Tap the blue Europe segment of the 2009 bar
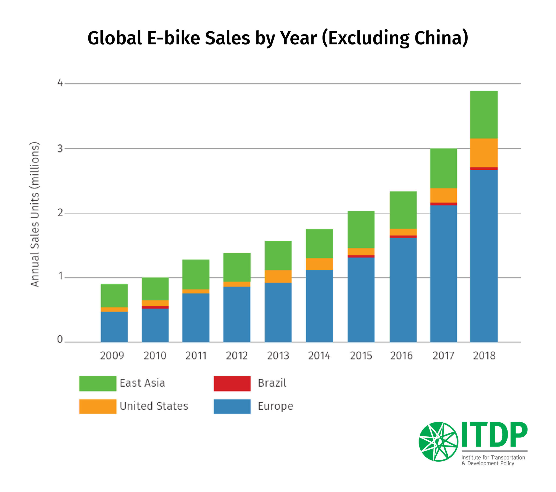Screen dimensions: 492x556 point(114,326)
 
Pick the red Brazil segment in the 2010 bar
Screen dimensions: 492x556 point(155,307)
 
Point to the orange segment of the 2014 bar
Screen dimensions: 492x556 point(319,264)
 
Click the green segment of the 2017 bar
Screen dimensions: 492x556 point(443,168)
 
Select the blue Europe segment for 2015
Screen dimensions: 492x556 point(361,299)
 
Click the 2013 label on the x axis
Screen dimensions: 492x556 point(278,356)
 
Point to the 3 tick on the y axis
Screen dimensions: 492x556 point(60,149)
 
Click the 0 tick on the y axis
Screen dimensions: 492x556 point(60,339)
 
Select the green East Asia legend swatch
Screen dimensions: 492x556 point(98,383)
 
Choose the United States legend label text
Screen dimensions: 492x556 point(154,406)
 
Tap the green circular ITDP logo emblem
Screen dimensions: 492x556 point(438,442)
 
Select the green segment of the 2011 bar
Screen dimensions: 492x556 point(196,274)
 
